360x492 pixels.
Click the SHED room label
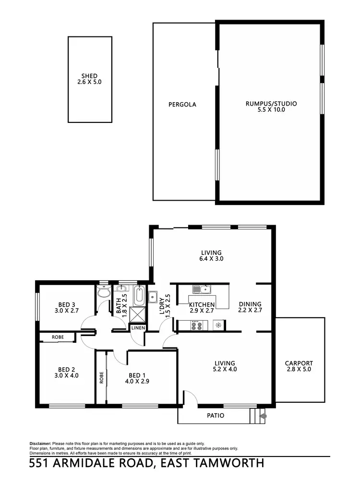(x=89, y=76)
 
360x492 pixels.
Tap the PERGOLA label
(x=182, y=104)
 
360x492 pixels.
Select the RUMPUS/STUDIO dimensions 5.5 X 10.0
(x=271, y=110)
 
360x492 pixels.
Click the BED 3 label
(x=67, y=304)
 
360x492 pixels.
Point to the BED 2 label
(x=67, y=369)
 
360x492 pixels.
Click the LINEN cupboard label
(x=138, y=328)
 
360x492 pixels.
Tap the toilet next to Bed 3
(x=103, y=292)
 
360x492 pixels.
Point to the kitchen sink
(x=202, y=289)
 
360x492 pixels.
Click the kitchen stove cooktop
(x=196, y=325)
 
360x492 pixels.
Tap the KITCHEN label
(x=201, y=305)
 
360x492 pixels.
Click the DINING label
(x=250, y=304)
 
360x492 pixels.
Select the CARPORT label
(x=299, y=363)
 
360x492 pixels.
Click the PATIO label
(x=216, y=416)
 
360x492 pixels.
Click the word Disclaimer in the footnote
(x=40, y=444)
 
